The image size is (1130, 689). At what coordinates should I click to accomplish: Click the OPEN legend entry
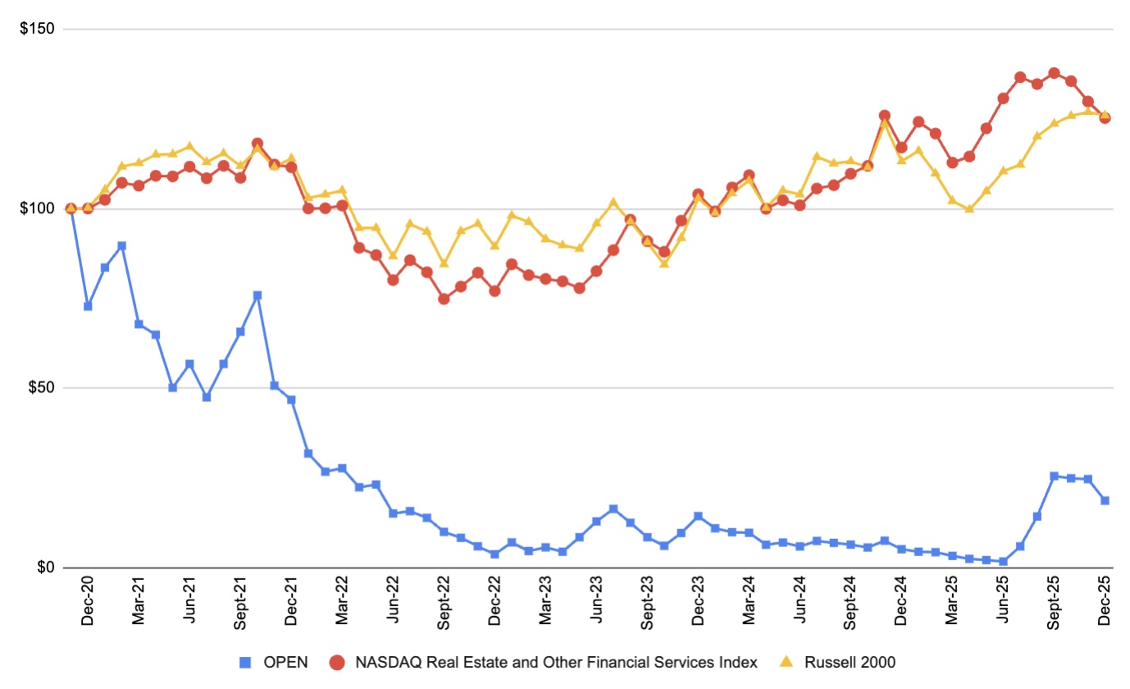[276, 662]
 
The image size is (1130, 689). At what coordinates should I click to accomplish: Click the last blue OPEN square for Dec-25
[1105, 500]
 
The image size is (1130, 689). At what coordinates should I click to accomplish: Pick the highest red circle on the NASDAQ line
[1054, 73]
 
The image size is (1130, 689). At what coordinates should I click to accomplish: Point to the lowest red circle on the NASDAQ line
[444, 299]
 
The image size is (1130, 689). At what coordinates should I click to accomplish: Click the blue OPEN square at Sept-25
[1054, 476]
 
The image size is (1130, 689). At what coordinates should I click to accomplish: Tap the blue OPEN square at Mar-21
[139, 324]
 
